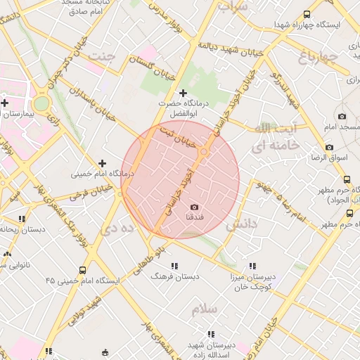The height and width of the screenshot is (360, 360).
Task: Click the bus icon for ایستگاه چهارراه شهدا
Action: (x=307, y=13)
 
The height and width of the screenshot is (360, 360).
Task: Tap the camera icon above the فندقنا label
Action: (x=195, y=207)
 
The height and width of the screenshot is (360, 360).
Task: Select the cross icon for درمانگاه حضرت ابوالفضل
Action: (x=184, y=93)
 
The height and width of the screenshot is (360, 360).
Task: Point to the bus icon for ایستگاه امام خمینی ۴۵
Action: (x=84, y=270)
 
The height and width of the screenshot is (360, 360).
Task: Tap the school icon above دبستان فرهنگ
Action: (x=174, y=266)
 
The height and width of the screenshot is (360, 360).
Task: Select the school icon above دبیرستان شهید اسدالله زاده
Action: (x=210, y=335)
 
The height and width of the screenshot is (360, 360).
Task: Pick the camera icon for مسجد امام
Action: (x=342, y=117)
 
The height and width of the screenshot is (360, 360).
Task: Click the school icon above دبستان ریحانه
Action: (x=22, y=219)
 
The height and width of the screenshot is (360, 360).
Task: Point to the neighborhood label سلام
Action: (x=209, y=308)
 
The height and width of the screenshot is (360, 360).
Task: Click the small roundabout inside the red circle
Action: (x=204, y=152)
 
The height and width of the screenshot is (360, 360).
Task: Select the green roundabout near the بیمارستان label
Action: (x=41, y=103)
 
